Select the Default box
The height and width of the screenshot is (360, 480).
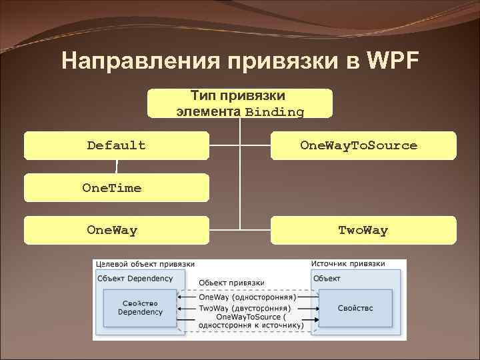point(116,145)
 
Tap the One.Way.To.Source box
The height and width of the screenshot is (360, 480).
point(363,145)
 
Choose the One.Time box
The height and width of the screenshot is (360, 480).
point(116,188)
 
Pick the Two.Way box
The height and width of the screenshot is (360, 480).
point(363,231)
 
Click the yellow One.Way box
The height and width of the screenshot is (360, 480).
point(116,231)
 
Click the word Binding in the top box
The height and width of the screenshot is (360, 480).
point(274,112)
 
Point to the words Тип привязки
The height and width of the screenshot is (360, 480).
point(238,96)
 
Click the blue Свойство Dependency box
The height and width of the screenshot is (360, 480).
point(140,307)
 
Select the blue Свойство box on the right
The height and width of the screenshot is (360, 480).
point(355,308)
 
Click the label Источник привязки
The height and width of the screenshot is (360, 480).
point(348,264)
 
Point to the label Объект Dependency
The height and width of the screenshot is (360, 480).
point(135,278)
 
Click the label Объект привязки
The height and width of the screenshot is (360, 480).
point(231,283)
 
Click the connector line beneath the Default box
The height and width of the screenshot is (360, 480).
point(116,167)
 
